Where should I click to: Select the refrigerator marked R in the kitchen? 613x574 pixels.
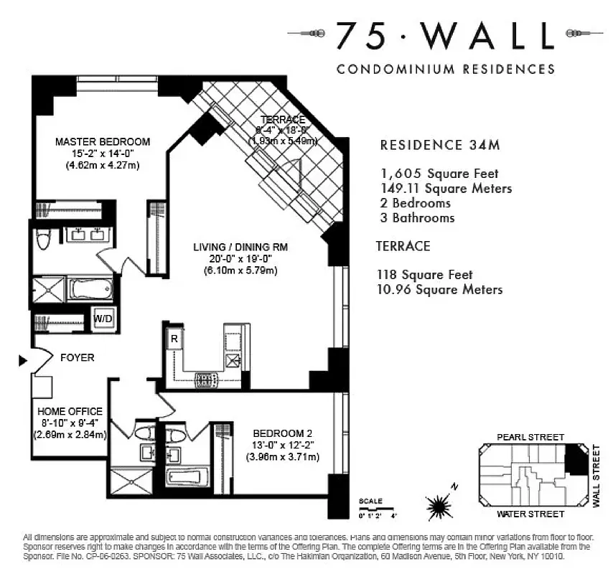174,339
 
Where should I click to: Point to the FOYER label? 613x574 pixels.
77,357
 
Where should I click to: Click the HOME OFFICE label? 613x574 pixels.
70,411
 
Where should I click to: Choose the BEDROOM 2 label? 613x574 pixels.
283,433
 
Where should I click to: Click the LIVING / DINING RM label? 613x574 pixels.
240,248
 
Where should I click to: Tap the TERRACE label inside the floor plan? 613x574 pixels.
283,119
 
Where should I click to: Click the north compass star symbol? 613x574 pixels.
437,507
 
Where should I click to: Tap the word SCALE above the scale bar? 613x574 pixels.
370,500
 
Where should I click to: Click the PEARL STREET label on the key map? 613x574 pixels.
530,437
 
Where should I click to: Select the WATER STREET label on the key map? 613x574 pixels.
530,514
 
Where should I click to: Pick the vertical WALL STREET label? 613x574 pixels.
597,476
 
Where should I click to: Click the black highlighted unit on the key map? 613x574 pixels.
576,458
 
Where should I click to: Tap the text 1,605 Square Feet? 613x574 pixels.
439,174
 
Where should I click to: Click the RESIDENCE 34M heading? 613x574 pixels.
439,146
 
